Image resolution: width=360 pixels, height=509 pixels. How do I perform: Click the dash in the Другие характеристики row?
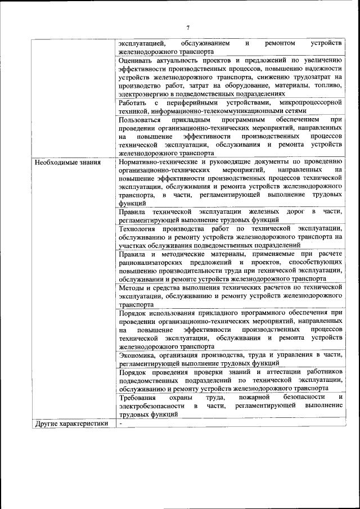click(121, 424)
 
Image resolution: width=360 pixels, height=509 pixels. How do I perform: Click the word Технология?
click(138, 228)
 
